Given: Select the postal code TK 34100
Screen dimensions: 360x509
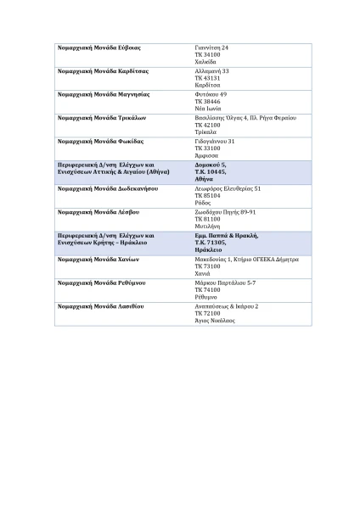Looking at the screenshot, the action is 205,55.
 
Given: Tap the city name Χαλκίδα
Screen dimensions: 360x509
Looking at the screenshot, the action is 205,62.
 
